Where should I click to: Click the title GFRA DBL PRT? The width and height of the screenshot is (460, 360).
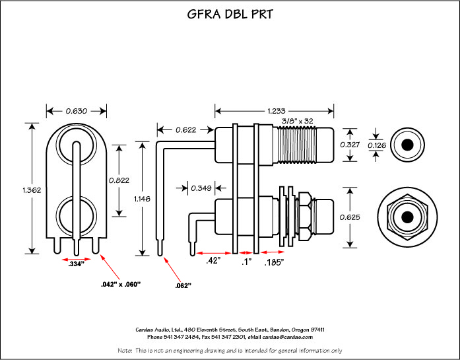pyautogui.click(x=229, y=15)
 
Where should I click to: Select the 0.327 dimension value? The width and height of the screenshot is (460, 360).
pyautogui.click(x=350, y=144)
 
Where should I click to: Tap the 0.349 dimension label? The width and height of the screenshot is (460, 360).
pyautogui.click(x=201, y=188)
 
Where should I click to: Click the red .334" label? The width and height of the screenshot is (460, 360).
pyautogui.click(x=77, y=264)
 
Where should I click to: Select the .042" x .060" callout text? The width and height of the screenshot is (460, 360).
pyautogui.click(x=120, y=284)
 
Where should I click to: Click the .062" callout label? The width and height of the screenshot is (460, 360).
pyautogui.click(x=183, y=286)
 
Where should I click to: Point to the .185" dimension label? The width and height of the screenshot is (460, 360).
pyautogui.click(x=274, y=262)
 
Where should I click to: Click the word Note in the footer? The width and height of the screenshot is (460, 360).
pyautogui.click(x=125, y=350)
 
